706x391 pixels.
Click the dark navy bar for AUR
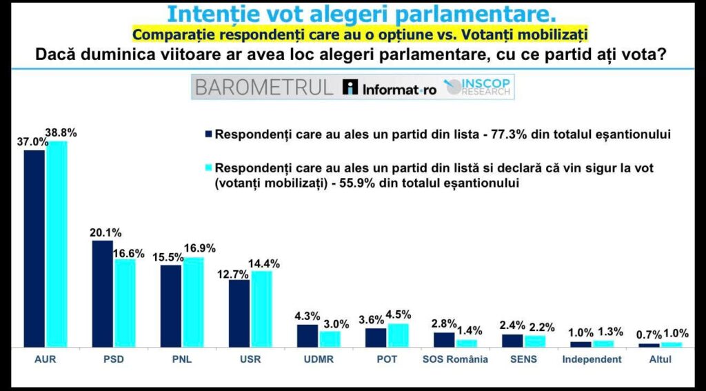[34, 248]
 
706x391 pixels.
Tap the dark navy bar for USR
[239, 313]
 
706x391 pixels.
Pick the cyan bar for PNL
[193, 301]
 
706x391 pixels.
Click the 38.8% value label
[61, 132]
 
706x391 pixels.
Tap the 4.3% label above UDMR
[307, 316]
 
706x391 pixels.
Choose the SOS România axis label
[455, 359]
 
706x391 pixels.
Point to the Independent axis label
[592, 359]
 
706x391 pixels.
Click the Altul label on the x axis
[660, 359]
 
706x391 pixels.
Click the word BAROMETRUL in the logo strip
[263, 88]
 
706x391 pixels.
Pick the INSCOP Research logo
[480, 88]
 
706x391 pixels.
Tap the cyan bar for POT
[398, 335]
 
